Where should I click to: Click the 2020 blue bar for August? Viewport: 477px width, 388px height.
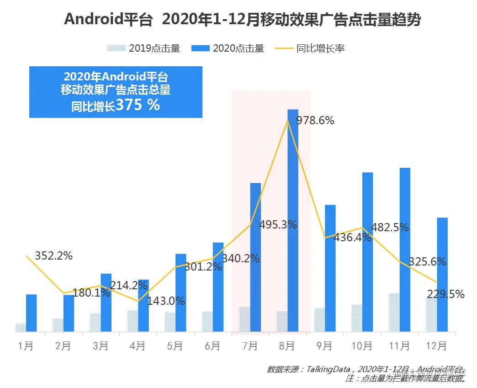pos(292,219)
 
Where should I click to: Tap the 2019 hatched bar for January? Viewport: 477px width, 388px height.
pos(21,327)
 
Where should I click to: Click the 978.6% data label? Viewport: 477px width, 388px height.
pos(315,121)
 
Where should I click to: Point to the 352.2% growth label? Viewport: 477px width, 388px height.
pos(54,256)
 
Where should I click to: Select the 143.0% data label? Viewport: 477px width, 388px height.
pos(166,301)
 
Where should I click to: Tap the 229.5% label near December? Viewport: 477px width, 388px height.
pos(445,294)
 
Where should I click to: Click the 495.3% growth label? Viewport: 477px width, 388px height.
pos(278,225)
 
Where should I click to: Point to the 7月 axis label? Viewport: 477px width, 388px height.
pos(250,346)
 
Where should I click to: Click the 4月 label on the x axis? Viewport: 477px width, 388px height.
pos(138,346)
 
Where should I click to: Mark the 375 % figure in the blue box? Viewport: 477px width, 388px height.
pos(138,105)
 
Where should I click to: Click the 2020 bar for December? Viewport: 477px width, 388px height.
pos(442,274)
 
